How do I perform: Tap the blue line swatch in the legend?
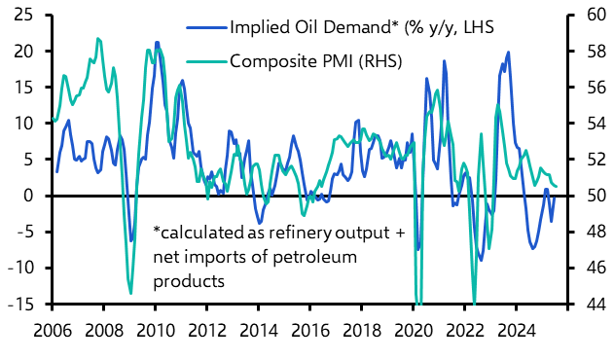[203, 26]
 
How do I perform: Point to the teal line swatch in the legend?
[203, 61]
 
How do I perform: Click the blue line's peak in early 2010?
[157, 43]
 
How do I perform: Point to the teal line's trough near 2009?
[130, 292]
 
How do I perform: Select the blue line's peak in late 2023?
[508, 54]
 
